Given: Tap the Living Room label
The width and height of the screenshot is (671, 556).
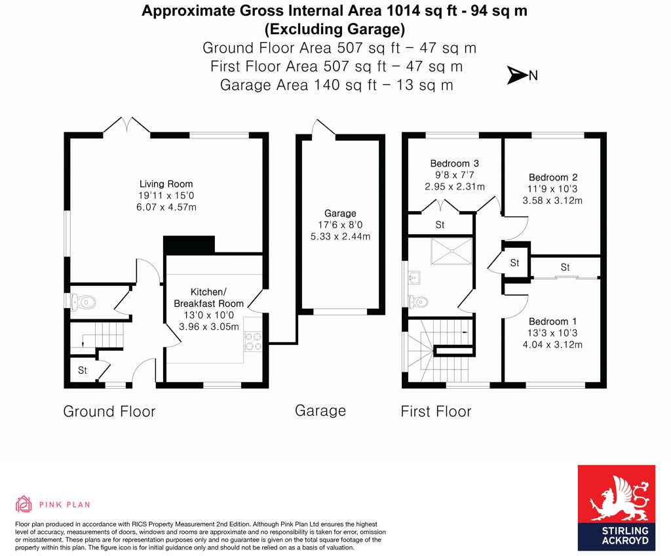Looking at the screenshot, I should (x=166, y=184).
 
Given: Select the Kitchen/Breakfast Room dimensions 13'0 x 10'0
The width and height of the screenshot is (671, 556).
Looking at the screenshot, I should (x=208, y=315).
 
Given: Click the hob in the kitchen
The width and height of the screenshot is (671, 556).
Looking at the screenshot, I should (x=253, y=342).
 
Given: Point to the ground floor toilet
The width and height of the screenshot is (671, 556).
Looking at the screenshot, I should (x=85, y=302).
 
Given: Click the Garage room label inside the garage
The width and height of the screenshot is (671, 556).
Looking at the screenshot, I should (x=340, y=213).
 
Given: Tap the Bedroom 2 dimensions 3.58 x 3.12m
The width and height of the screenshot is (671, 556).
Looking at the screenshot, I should (x=552, y=201).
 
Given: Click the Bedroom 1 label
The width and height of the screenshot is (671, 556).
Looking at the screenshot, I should (x=552, y=321).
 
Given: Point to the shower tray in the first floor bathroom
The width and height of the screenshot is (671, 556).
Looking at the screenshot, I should (x=451, y=250).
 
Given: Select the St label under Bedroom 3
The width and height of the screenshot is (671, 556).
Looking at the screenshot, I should (x=440, y=225).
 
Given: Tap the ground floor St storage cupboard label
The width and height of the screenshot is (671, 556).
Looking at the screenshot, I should (x=83, y=370).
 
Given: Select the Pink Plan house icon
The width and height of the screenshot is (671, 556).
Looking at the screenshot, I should (x=24, y=504).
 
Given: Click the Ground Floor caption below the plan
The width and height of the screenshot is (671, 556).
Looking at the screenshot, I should (x=109, y=412).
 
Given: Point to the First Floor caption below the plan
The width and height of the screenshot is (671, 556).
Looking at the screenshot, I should (x=436, y=412).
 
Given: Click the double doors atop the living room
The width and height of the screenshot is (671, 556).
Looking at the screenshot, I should (x=126, y=126).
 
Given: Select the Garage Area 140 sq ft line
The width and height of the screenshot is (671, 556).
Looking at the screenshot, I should (x=336, y=85).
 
